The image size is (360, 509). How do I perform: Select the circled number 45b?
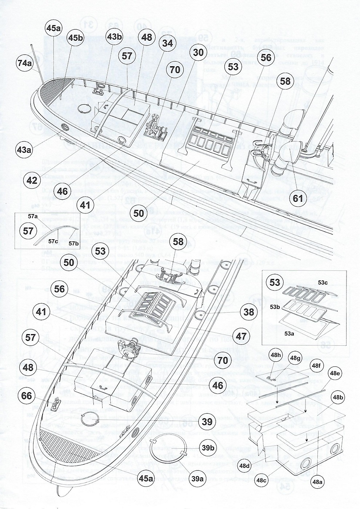pos(75,37)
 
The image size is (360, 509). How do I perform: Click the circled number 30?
pos(198,52)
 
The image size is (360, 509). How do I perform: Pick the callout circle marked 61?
pos(298,199)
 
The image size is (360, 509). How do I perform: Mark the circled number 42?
pos(32,180)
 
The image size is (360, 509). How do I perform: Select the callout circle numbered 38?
pos(249,312)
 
